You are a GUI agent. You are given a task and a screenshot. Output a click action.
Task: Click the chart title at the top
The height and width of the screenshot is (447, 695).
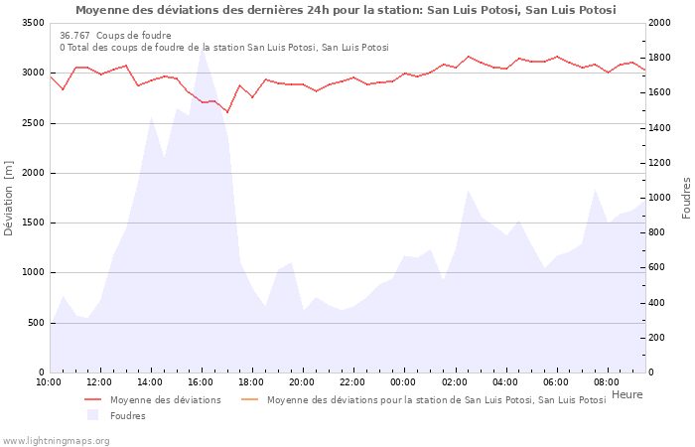coord(346,10)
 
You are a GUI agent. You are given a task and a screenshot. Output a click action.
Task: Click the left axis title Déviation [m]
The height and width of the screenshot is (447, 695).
coord(9,198)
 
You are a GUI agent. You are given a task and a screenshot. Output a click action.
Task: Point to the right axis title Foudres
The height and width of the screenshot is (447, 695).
coord(686,198)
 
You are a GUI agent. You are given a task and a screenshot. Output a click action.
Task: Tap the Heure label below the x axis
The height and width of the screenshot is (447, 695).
coord(626,394)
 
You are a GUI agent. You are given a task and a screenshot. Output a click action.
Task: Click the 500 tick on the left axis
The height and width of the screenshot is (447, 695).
coord(35,323)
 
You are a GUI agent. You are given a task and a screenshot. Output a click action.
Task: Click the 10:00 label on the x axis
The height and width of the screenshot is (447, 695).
coord(49,381)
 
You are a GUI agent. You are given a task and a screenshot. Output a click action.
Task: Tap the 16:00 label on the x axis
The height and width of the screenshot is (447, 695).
coord(202,381)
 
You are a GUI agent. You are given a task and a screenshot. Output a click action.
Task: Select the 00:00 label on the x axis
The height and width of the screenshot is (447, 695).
coord(404,381)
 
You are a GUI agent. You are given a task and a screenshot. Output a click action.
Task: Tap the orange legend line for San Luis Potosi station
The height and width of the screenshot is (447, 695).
coord(249,399)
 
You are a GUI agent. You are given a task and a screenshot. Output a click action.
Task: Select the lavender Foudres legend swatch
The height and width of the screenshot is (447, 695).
coord(93,415)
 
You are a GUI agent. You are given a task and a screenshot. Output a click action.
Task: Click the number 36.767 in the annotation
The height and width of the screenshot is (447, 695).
coord(74,35)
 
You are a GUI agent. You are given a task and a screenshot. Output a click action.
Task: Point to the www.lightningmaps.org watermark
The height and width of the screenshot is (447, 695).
coord(56,440)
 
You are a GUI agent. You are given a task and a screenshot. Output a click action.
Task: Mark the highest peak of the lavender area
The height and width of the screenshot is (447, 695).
coord(202,49)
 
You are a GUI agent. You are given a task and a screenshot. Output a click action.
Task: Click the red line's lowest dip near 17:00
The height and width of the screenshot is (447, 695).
coord(227,112)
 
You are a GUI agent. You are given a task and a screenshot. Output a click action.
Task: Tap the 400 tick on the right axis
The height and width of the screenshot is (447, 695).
coord(659,303)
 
